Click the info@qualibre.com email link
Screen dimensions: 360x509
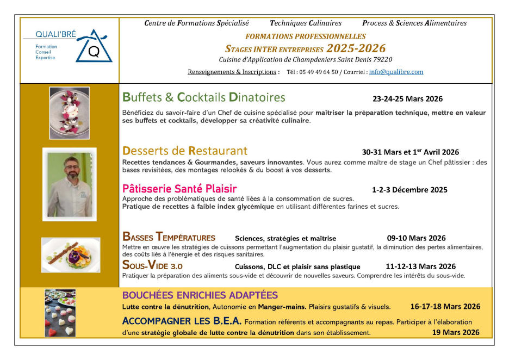coord(396,72)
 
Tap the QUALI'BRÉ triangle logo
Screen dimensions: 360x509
coord(94,48)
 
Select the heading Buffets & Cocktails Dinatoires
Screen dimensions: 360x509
coord(204,98)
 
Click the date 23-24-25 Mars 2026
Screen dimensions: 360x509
coord(407,99)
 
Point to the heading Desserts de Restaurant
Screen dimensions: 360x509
coord(185,151)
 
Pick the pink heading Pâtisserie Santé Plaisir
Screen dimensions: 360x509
coord(179,189)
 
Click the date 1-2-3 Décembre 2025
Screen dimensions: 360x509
coord(409,190)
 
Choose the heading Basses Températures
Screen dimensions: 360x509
coord(169,237)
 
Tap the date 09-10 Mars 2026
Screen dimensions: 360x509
coord(416,238)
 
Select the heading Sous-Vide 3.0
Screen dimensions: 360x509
coord(153,266)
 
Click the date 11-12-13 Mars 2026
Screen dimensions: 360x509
coord(420,266)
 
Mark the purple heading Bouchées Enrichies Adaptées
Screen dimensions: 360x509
coord(200,295)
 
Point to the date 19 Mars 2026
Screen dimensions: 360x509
coord(456,332)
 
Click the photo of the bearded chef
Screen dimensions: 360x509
coord(70,184)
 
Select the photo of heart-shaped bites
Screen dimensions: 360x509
coord(60,313)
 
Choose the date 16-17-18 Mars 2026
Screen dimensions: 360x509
coord(445,307)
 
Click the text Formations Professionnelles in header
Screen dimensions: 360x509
coord(306,36)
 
